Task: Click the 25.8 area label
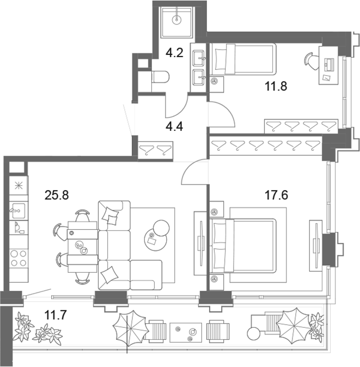click(x=57, y=195)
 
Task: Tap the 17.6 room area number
click(x=276, y=195)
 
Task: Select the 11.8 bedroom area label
click(x=276, y=86)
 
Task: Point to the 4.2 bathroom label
click(x=174, y=53)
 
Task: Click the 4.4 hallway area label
click(x=174, y=127)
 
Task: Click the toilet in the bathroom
click(x=160, y=77)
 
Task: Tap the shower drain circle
click(x=176, y=20)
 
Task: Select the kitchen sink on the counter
click(x=19, y=210)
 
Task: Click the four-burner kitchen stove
click(x=19, y=258)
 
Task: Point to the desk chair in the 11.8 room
click(x=312, y=62)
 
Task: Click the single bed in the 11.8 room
click(x=243, y=59)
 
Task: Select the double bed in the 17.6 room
click(x=243, y=246)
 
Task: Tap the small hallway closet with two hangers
click(x=155, y=150)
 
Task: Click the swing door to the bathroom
click(x=176, y=105)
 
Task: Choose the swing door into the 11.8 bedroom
click(x=221, y=114)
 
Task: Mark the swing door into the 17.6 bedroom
click(x=195, y=172)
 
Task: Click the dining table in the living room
click(x=82, y=247)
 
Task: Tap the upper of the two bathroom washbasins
click(x=199, y=58)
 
